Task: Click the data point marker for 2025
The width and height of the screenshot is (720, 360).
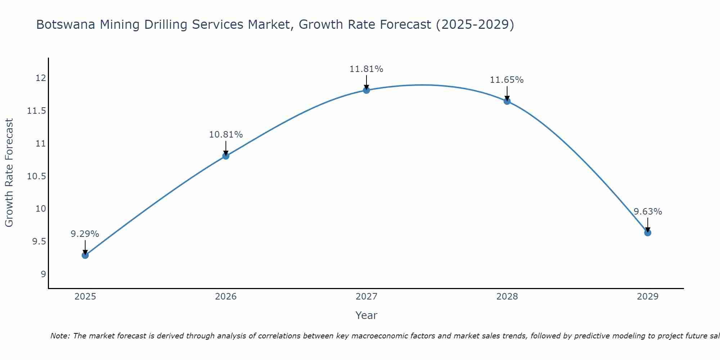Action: pyautogui.click(x=85, y=255)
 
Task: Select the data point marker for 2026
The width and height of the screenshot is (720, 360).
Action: pyautogui.click(x=226, y=156)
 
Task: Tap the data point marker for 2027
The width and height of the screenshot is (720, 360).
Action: pyautogui.click(x=366, y=90)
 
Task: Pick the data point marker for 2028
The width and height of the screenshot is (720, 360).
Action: pyautogui.click(x=507, y=101)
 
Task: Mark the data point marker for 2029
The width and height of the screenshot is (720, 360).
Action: pyautogui.click(x=648, y=233)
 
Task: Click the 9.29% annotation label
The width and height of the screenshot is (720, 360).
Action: pyautogui.click(x=85, y=234)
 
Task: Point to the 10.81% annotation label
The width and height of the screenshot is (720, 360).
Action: pyautogui.click(x=226, y=135)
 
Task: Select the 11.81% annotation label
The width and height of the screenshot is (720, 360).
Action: pyautogui.click(x=366, y=69)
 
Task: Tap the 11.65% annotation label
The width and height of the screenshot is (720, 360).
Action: pyautogui.click(x=507, y=80)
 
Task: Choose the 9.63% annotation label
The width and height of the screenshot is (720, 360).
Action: pyautogui.click(x=648, y=212)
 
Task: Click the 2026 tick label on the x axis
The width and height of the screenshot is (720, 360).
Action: pyautogui.click(x=226, y=297)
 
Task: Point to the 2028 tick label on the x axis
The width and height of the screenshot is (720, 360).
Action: pyautogui.click(x=507, y=297)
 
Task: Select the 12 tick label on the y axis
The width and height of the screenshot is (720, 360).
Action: pyautogui.click(x=41, y=78)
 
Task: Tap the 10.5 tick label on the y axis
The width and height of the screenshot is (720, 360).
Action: pyautogui.click(x=37, y=176)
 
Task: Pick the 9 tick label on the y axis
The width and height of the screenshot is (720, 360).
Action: pyautogui.click(x=43, y=274)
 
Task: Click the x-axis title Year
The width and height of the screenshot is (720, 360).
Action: pyautogui.click(x=366, y=315)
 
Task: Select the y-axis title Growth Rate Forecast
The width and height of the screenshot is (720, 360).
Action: pyautogui.click(x=9, y=173)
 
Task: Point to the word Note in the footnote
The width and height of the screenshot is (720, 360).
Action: pyautogui.click(x=59, y=336)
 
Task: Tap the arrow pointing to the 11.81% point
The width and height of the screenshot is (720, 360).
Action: pyautogui.click(x=366, y=82)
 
